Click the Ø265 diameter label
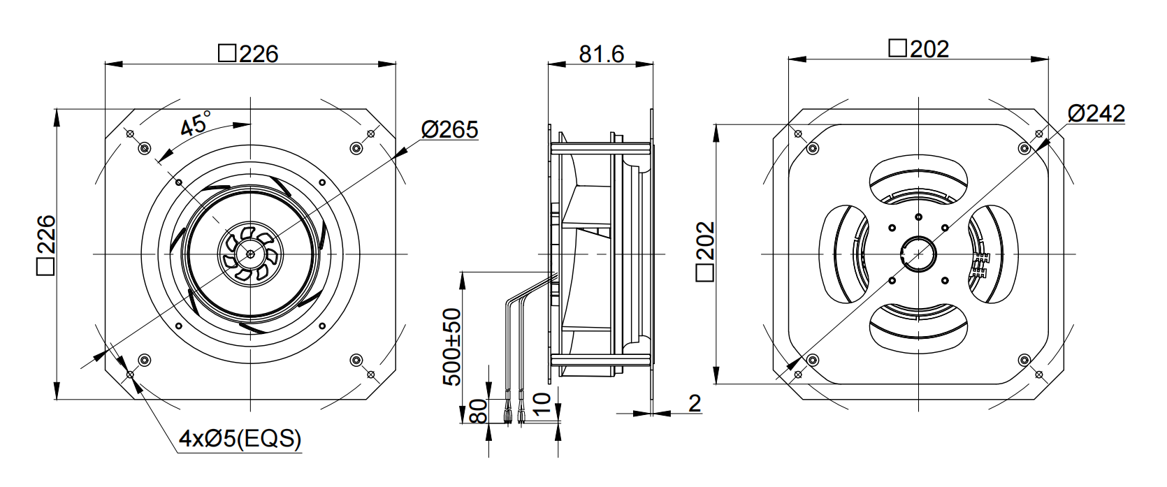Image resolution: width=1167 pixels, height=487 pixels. coord(449,130)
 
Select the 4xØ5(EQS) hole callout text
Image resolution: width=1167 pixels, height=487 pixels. coord(240,439)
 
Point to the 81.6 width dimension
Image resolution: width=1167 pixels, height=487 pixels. coord(601,54)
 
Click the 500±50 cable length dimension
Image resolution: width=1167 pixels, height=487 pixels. coord(451,347)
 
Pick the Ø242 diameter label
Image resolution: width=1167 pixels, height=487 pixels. coord(1096,114)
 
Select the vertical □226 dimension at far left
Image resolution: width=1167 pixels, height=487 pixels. coord(46,245)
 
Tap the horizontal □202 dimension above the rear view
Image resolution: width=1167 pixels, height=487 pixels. coord(918,49)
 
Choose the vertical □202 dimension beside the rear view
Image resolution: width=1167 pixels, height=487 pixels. coord(705,252)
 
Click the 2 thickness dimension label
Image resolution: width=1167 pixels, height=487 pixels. coord(695,403)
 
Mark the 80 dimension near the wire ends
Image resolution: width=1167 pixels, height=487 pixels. coord(478,412)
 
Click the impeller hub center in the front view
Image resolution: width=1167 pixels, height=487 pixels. coord(251,254)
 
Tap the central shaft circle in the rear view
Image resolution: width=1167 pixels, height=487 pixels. coord(918,254)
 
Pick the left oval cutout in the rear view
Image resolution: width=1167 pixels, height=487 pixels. coord(844,254)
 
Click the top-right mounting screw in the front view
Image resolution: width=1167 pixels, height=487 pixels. coord(356,148)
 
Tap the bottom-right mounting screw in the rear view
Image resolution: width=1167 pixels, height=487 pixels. coord(1024,359)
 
